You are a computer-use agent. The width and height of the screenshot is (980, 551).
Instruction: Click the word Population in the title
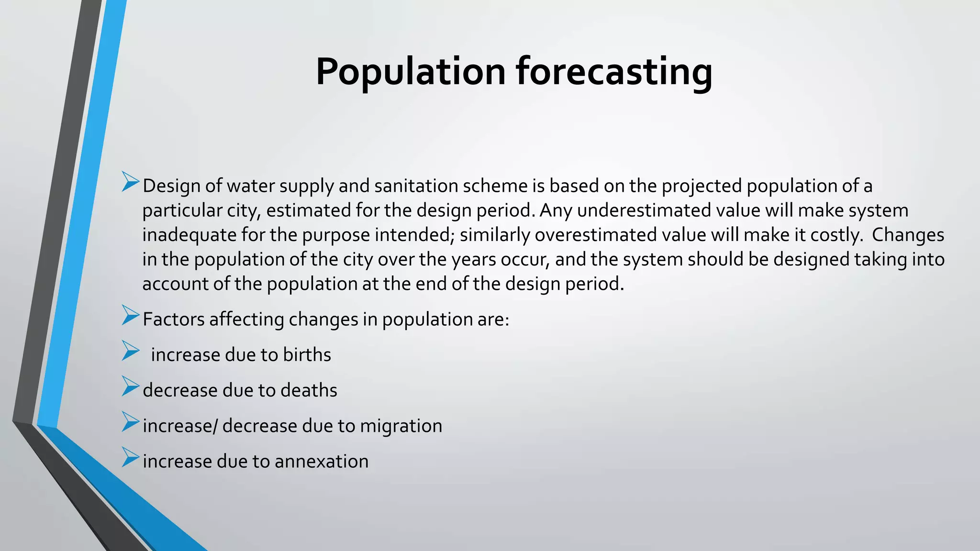[411, 72]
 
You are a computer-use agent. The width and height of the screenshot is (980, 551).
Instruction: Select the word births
[307, 355]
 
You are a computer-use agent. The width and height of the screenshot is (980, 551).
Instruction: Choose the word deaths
[309, 390]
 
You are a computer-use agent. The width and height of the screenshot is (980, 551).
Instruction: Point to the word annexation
[322, 461]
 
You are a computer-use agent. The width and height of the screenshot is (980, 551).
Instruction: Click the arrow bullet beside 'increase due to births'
[130, 351]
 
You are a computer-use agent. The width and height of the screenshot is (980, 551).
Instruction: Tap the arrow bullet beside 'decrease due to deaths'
[130, 386]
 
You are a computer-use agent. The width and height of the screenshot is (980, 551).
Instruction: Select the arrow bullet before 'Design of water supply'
[130, 182]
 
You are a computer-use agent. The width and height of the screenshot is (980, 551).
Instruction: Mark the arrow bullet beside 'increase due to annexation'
[130, 457]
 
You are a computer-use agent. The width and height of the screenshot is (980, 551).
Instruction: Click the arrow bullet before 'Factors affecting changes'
[130, 315]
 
